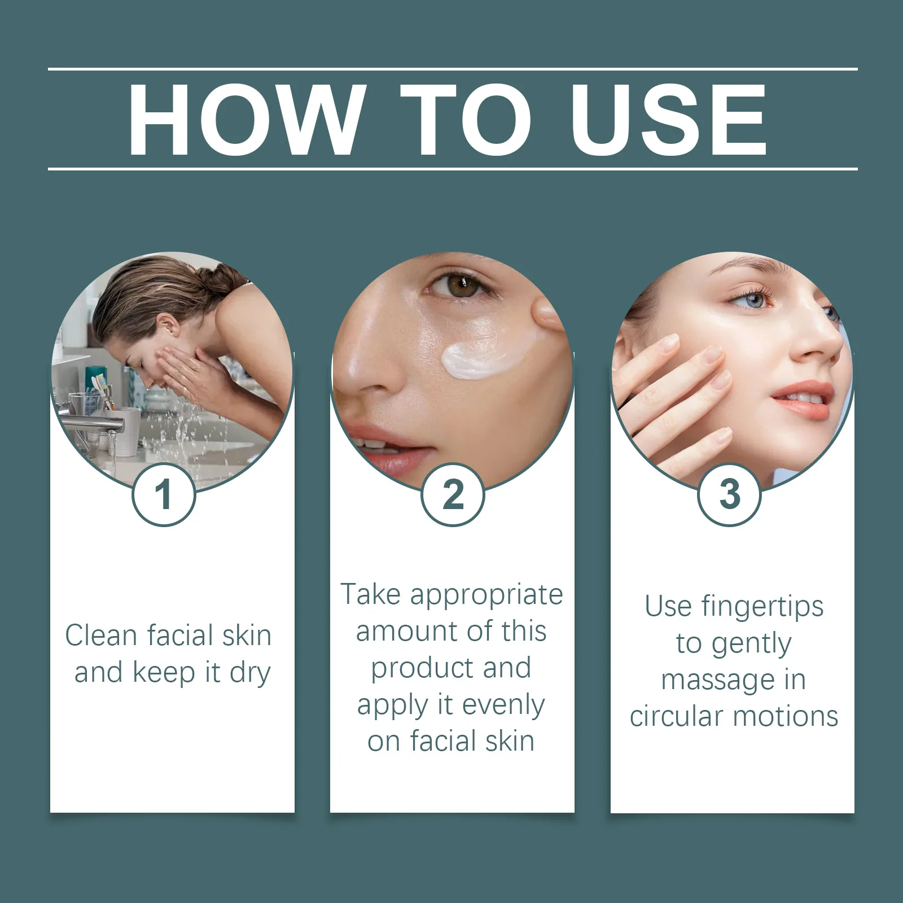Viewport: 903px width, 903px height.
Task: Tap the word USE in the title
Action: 669,120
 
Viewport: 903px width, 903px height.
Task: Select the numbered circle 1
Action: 164,495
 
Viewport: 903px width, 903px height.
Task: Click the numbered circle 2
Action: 453,495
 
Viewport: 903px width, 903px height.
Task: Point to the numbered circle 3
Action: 730,495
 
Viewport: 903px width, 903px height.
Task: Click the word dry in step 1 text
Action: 250,673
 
